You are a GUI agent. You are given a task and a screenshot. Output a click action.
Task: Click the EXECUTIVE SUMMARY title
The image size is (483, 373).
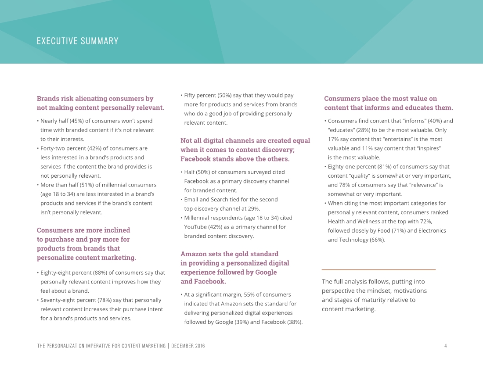[78, 41]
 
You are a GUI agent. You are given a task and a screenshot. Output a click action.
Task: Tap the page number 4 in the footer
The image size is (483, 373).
[445, 346]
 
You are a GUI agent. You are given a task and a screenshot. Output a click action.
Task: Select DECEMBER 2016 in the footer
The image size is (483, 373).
[188, 346]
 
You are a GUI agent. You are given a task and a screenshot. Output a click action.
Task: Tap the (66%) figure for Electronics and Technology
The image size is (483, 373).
[377, 240]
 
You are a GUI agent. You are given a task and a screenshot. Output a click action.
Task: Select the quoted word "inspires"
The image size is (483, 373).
[427, 148]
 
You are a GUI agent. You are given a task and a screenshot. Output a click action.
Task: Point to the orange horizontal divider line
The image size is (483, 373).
[378, 269]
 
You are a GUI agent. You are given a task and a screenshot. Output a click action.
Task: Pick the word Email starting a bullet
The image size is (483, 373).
[191, 199]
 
